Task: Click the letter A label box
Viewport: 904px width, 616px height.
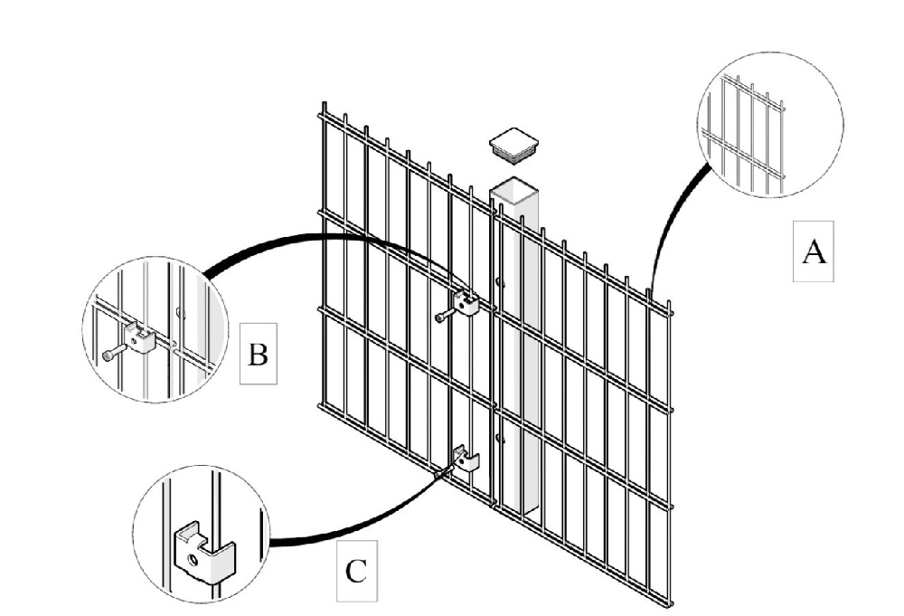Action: click(814, 252)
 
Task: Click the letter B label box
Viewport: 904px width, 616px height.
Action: click(258, 354)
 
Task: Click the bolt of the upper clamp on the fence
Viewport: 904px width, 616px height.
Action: click(443, 316)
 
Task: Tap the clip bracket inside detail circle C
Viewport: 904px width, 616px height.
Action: click(200, 548)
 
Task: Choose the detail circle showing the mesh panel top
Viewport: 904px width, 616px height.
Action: click(770, 126)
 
